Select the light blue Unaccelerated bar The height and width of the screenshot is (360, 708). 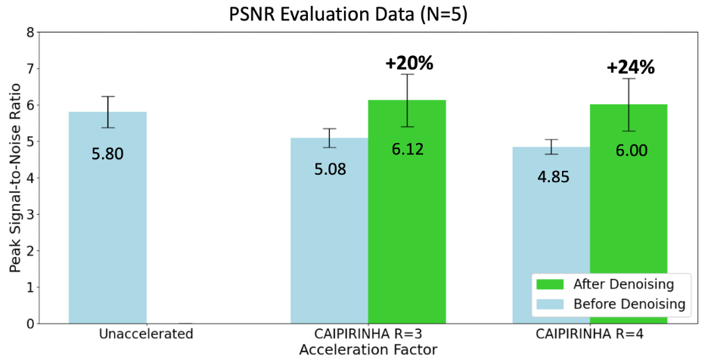[x=107, y=218]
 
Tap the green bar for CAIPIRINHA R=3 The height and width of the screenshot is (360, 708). [x=407, y=212]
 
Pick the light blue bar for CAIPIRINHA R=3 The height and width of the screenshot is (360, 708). [x=329, y=231]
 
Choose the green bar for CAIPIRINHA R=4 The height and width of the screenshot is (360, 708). [x=629, y=214]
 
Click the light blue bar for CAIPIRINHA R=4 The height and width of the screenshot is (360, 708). [x=551, y=235]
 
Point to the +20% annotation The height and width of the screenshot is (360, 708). [x=409, y=64]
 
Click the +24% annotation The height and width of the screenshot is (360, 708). [x=630, y=68]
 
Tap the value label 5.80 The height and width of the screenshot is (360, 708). [x=107, y=154]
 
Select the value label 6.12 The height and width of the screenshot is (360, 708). [x=408, y=149]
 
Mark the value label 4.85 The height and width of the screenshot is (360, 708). [x=553, y=177]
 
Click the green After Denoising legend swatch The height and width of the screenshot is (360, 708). [x=550, y=284]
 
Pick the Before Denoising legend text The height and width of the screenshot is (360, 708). [x=629, y=304]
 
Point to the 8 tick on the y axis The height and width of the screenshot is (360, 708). [x=29, y=33]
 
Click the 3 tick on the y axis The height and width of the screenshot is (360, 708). [x=29, y=215]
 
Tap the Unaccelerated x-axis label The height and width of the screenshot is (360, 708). [x=146, y=334]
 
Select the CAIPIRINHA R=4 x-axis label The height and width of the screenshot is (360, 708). [x=590, y=334]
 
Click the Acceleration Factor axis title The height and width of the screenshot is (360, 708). [x=368, y=349]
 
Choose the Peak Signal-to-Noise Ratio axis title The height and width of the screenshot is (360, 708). [x=15, y=178]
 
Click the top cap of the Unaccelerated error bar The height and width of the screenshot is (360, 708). [x=107, y=96]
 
